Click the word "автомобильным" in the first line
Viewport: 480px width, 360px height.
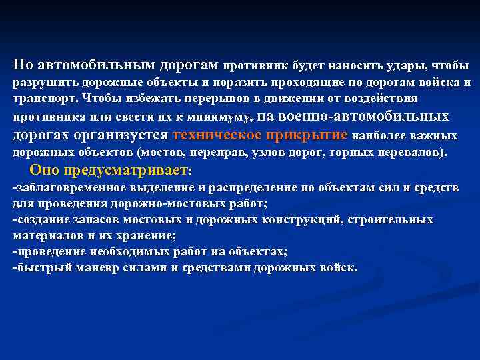[x=95, y=65]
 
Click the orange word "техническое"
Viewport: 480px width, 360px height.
[x=216, y=134]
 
